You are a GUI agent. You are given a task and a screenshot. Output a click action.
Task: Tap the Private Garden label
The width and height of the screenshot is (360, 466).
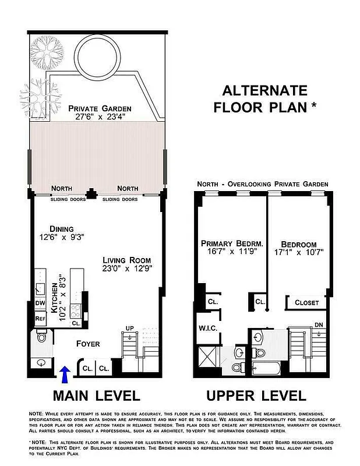[100, 108]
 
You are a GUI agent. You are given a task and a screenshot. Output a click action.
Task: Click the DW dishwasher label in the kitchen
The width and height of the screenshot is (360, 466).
[40, 303]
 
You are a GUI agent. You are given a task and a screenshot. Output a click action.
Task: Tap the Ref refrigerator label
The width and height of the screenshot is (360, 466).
[40, 319]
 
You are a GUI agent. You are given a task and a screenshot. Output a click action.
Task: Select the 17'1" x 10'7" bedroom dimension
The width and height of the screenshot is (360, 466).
[298, 253]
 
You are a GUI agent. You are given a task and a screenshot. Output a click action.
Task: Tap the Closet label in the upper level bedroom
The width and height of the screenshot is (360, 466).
[306, 302]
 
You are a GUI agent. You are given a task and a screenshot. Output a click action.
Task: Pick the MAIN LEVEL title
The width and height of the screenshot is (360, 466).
[96, 396]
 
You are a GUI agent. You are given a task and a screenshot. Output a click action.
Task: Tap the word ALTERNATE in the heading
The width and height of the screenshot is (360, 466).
[264, 90]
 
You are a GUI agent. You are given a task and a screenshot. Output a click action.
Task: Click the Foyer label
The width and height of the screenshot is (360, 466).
[89, 344]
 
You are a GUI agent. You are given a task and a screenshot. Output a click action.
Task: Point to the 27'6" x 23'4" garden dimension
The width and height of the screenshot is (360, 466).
[100, 117]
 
